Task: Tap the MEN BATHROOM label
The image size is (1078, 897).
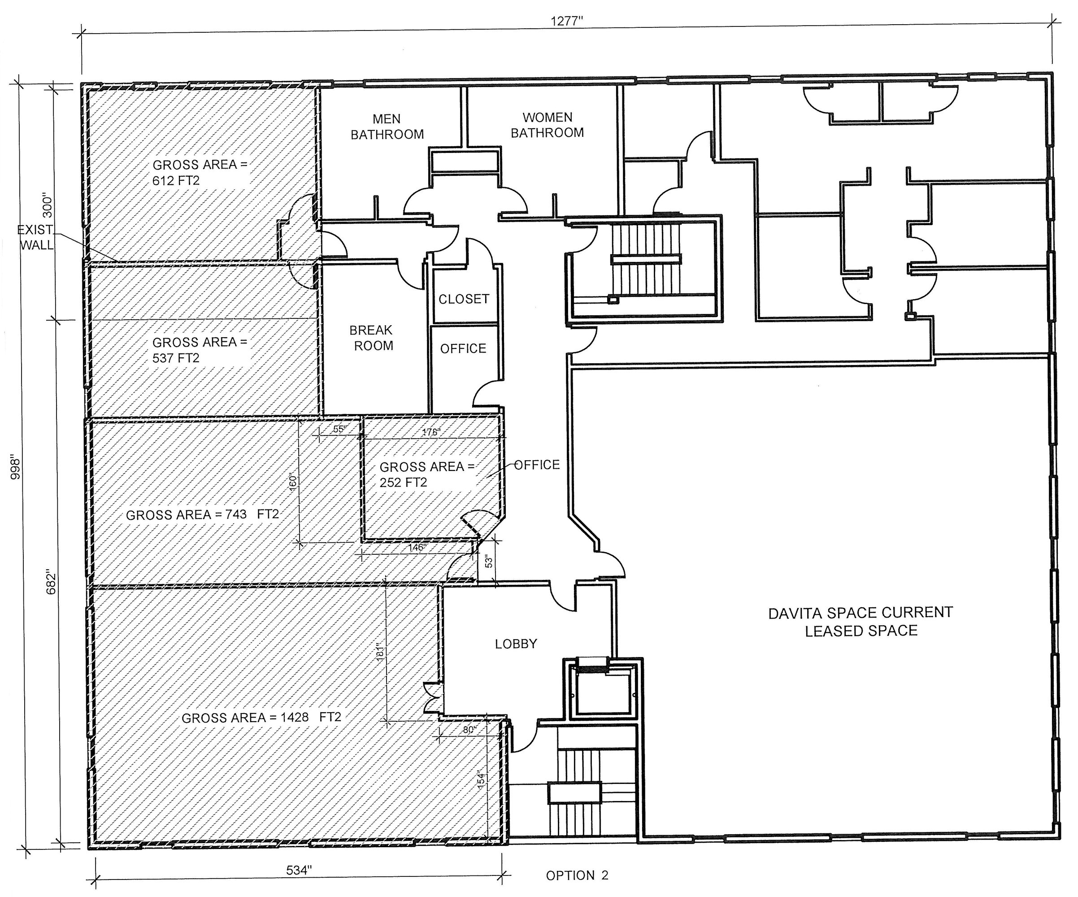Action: point(387,127)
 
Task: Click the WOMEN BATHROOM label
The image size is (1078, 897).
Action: point(547,125)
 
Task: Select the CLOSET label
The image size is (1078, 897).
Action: point(464,299)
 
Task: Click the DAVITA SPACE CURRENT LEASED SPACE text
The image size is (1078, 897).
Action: point(861,621)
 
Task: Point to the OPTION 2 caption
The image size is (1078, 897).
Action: point(577,875)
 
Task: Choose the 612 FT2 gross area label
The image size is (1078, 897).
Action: point(200,173)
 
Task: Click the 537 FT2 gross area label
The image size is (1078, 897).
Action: point(200,350)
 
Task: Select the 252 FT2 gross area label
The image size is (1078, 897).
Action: point(427,475)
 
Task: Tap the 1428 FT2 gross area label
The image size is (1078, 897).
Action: point(261,718)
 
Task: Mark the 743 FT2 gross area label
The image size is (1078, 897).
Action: point(202,514)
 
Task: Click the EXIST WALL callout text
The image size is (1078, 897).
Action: point(35,237)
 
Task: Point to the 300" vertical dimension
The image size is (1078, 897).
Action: point(47,205)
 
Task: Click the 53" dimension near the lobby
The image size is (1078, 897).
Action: point(489,562)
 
